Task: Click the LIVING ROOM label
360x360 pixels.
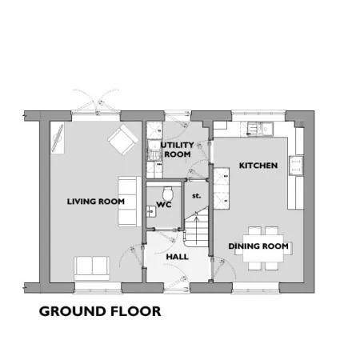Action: pos(96,202)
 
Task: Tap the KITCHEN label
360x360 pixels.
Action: pos(258,166)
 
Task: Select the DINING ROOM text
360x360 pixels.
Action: pos(258,246)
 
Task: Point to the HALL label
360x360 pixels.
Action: pos(177,257)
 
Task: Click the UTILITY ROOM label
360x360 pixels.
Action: pos(177,150)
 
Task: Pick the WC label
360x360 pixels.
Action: pos(164,205)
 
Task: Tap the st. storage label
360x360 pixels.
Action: pos(197,196)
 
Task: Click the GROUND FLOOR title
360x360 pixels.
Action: pos(100,311)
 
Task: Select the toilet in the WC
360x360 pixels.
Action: pos(168,193)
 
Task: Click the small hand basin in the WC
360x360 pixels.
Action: pos(151,212)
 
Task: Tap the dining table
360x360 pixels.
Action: pos(263,248)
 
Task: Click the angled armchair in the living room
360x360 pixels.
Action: pos(122,140)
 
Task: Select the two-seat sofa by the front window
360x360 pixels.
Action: pos(92,268)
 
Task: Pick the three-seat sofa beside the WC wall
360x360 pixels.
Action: pos(130,202)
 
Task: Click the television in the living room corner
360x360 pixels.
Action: pos(58,138)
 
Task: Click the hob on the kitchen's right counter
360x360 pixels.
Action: pos(296,166)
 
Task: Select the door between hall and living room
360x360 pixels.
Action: pos(132,258)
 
